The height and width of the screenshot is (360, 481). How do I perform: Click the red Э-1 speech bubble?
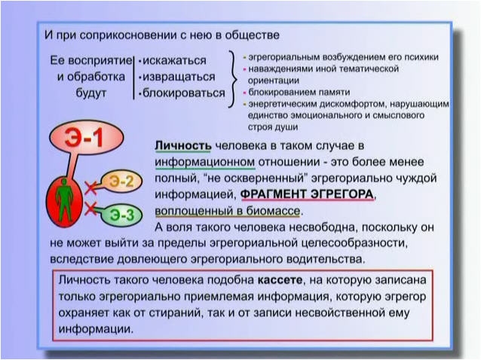click(87, 138)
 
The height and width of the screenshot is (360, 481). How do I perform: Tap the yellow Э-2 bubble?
click(121, 182)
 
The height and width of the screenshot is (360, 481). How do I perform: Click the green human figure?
click(64, 200)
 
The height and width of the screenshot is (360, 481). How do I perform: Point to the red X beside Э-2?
click(90, 188)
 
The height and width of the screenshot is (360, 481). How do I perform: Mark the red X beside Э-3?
click(90, 209)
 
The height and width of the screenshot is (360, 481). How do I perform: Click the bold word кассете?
click(280, 280)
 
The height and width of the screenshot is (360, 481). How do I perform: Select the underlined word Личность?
click(183, 145)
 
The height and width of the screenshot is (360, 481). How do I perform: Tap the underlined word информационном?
click(204, 162)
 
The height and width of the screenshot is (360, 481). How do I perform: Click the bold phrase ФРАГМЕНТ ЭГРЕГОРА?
click(308, 194)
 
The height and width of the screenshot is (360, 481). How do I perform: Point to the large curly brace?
click(233, 79)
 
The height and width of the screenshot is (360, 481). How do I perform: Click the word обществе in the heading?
click(252, 35)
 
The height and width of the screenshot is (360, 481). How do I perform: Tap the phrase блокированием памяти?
click(299, 92)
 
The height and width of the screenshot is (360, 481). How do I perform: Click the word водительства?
click(326, 259)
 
